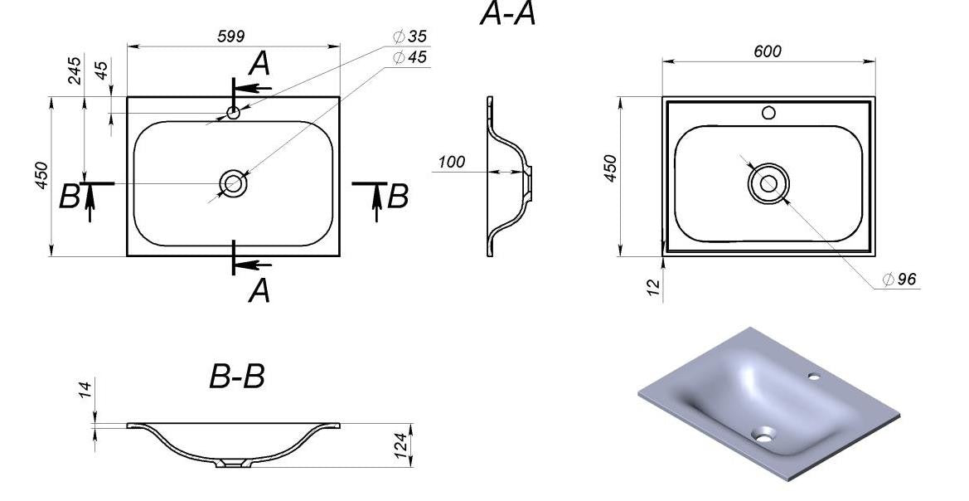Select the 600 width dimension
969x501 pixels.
[768, 51]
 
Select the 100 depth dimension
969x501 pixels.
[451, 162]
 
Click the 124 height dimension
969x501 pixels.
[401, 445]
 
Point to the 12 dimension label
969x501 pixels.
[653, 286]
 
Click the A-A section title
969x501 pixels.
[507, 15]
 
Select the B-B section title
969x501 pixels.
[236, 377]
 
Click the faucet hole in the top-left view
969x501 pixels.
[233, 111]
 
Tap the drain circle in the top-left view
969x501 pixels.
[232, 183]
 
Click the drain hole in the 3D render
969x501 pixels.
[763, 433]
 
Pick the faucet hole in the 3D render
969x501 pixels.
[814, 377]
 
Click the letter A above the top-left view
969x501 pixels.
[260, 63]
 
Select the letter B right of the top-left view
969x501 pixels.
[399, 197]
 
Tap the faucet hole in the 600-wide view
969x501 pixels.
[769, 113]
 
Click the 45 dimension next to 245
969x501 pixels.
[102, 70]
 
